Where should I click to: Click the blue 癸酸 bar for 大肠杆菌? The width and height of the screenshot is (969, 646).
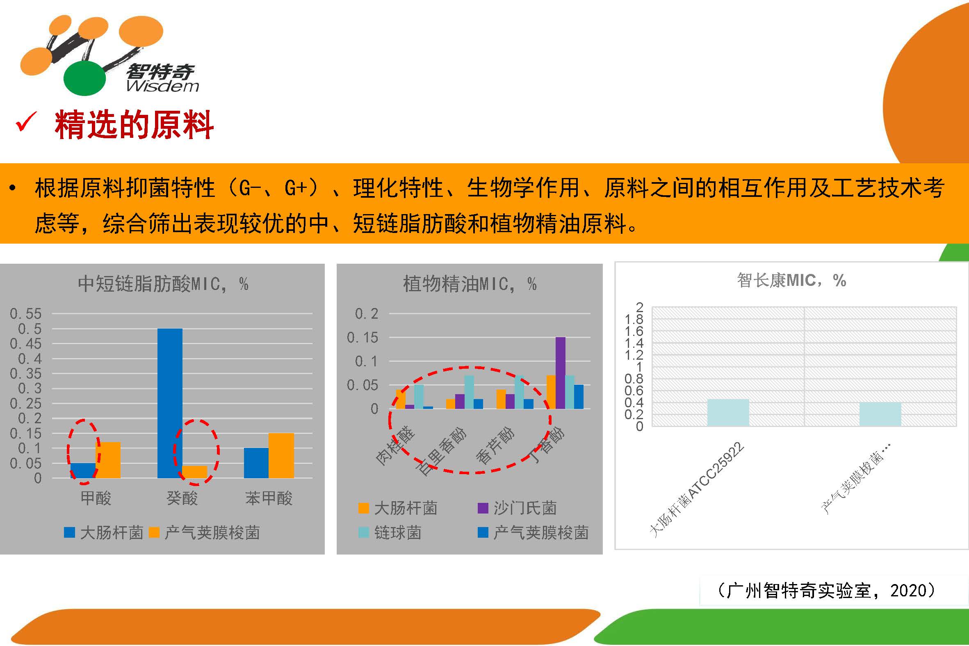coord(170,403)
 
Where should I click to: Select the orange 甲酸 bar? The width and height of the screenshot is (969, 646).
coord(108,460)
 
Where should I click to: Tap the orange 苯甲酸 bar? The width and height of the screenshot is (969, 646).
coord(281,456)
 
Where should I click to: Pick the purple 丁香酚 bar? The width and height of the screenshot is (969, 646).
coord(561,373)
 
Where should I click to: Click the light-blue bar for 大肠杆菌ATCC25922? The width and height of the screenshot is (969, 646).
coord(728,412)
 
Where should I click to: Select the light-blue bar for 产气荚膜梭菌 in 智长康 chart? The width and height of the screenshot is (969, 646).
coord(880,414)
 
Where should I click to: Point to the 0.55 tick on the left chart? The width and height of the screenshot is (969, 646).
coord(25,314)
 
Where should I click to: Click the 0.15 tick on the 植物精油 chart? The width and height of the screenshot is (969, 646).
coord(363,338)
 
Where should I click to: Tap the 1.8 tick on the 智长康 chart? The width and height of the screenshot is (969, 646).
coord(634,319)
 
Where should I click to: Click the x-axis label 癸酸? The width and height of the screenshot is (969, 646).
coord(182,498)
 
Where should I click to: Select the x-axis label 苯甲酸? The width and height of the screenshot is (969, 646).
coord(269,498)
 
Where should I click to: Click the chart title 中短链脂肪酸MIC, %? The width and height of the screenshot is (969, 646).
coord(163,284)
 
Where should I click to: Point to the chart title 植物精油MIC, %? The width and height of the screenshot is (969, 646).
coord(470,284)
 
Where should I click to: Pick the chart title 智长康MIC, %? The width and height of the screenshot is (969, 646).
coord(791,281)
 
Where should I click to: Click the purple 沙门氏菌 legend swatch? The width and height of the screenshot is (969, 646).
coord(483,508)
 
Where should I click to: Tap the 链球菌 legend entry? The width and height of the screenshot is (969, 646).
coord(390,532)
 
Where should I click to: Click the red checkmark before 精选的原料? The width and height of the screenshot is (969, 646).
coord(26,122)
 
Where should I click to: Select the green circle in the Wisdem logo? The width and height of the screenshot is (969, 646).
coord(85,78)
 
